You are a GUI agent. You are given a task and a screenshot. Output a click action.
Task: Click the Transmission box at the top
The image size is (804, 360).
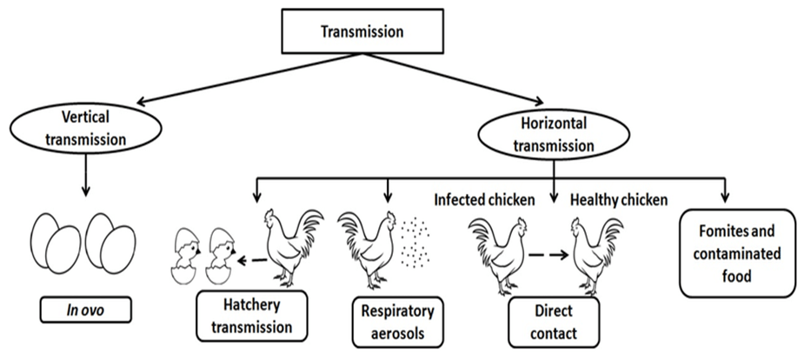[362, 33]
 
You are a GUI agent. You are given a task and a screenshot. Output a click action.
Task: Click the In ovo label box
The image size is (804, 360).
[79, 310]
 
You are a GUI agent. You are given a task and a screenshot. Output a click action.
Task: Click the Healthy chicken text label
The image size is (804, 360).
[619, 200]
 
